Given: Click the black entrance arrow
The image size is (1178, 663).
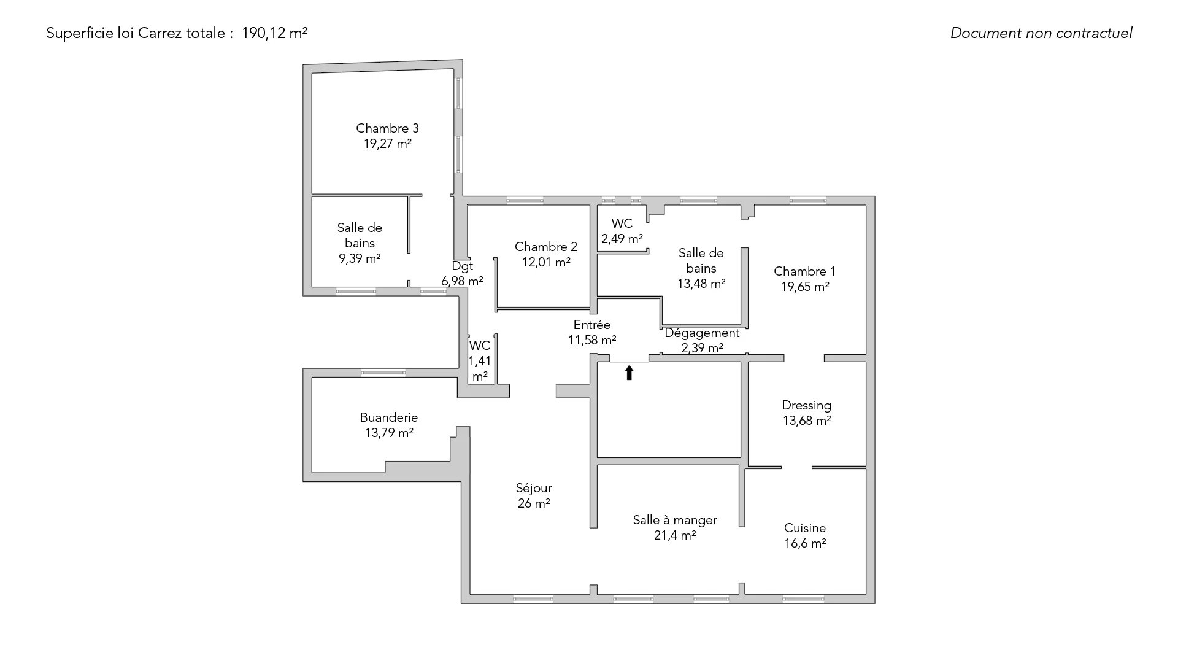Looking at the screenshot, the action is click(x=629, y=373).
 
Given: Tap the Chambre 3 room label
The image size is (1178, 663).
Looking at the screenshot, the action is click(x=387, y=128).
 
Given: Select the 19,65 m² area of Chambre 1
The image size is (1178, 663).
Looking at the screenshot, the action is click(x=805, y=287).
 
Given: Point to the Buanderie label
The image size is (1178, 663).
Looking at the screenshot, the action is click(x=389, y=417).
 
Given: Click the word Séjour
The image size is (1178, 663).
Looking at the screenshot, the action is click(x=534, y=488).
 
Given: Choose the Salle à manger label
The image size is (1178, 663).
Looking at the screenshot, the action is click(x=675, y=520).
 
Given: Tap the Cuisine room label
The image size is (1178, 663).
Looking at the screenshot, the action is click(x=805, y=528).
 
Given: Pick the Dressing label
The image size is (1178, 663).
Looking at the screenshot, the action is click(x=807, y=406).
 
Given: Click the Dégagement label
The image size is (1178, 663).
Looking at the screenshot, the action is click(x=702, y=333).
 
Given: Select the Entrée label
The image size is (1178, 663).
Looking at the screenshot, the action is click(x=592, y=325).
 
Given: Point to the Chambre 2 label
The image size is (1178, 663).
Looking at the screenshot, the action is click(x=546, y=247).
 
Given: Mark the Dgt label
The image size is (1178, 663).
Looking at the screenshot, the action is click(x=463, y=266).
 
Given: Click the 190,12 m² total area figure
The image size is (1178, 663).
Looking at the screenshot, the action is click(x=274, y=33).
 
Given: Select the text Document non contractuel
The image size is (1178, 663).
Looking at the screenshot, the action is click(x=1041, y=33).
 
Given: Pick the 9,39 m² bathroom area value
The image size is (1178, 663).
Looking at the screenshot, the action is click(x=360, y=258).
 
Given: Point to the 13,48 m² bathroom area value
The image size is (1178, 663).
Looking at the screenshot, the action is click(x=701, y=284).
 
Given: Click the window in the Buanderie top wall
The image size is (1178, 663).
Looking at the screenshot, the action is click(x=383, y=373).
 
